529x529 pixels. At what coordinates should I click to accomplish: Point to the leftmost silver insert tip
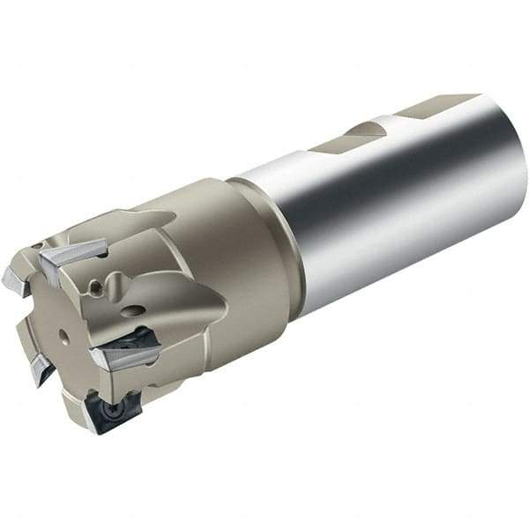[16, 280]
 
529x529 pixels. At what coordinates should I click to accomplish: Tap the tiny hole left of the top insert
[36, 246]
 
